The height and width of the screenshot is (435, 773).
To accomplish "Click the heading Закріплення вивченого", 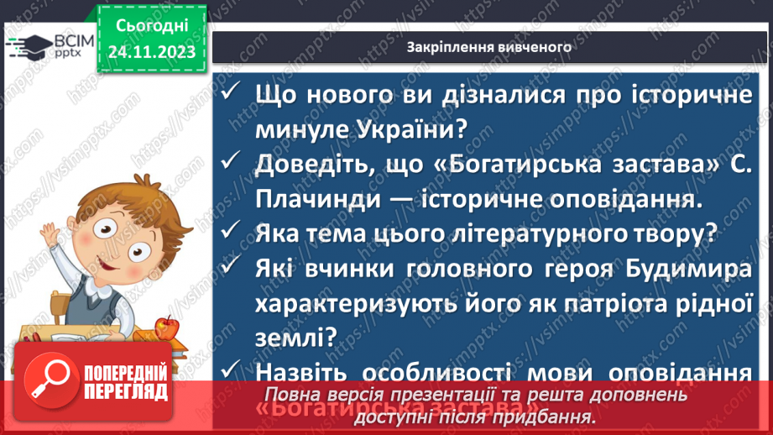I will click(x=488, y=47).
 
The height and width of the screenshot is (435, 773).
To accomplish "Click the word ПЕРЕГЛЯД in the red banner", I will click(x=128, y=392).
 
